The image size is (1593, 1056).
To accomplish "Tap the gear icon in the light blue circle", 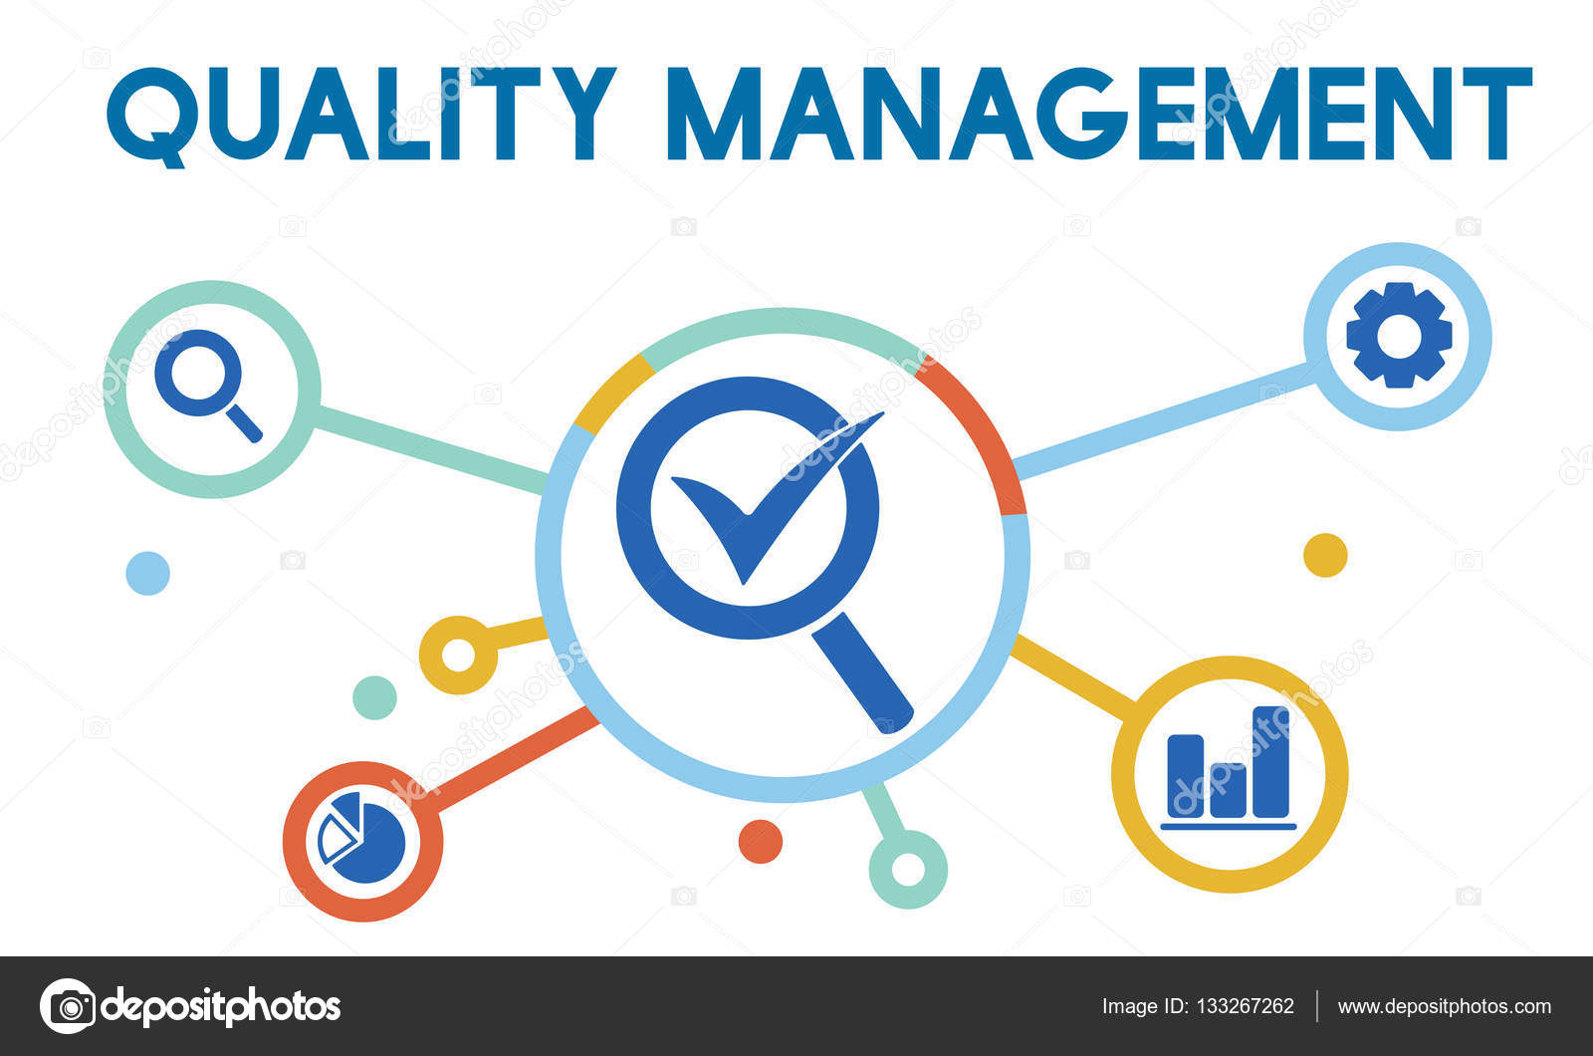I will [x=1398, y=336].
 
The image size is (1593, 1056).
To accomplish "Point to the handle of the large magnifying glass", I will [x=861, y=672].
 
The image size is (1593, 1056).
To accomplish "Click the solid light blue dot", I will [x=147, y=573].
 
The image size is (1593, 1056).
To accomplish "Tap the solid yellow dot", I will [x=1325, y=555].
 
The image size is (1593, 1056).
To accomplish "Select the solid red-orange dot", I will [x=760, y=842].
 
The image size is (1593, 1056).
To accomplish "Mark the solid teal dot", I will [x=374, y=697].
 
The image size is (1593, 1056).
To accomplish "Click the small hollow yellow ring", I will [x=458, y=655].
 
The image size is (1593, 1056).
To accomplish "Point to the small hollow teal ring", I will [x=907, y=869].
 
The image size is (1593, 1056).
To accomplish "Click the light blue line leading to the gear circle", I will [x=1160, y=420].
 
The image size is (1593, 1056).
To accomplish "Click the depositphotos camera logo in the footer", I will [x=68, y=1006].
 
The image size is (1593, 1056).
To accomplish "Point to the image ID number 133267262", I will [x=1246, y=1006].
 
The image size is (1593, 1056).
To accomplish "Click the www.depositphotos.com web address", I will [x=1444, y=1006].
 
